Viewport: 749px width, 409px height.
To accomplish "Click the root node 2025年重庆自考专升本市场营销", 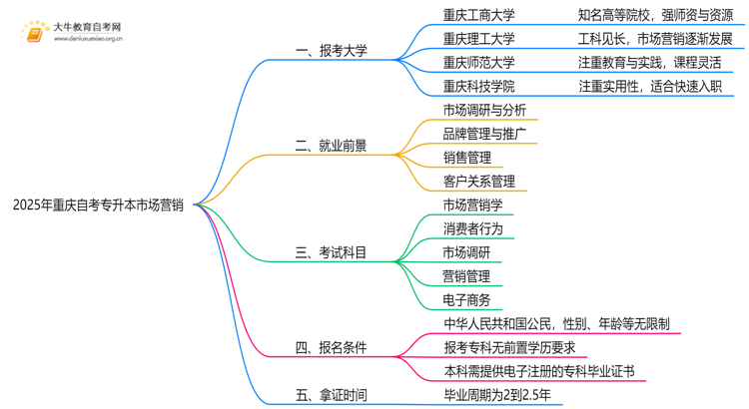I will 98,205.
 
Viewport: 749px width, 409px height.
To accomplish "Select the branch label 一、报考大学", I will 331,51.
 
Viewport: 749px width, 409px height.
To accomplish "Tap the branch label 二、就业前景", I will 331,146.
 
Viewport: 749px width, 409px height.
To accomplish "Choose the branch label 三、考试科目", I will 331,252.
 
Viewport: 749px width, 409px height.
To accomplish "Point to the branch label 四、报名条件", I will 331,347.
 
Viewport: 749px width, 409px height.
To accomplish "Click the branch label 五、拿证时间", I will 331,395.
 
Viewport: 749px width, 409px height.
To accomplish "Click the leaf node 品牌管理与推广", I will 485,134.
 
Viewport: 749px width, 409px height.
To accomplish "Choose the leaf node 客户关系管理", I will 479,182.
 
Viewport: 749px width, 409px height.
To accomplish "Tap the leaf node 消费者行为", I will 473,228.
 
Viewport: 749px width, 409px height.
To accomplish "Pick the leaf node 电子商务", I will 467,299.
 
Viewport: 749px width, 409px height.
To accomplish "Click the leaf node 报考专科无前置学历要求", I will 509,347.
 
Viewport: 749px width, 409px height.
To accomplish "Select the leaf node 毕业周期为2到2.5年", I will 503,395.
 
